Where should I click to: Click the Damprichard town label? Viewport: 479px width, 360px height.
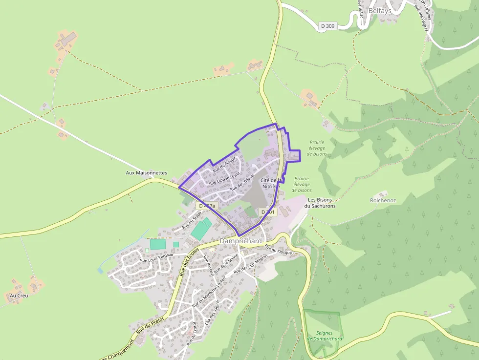coord(240,241)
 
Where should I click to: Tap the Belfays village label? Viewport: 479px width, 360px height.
coord(380,10)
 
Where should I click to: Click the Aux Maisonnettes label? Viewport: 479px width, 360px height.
coord(146,173)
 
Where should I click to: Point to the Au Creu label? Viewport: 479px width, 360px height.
coord(19,296)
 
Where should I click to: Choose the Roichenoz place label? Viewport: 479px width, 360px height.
coord(383,200)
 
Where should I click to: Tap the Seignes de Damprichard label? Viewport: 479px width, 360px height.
coord(325,336)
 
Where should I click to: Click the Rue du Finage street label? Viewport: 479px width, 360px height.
coord(224,164)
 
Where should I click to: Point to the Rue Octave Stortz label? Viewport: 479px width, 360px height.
coord(224,178)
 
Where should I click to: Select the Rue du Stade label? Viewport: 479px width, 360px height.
coord(192,220)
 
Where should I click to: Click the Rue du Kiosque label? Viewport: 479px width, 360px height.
coord(278,250)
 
